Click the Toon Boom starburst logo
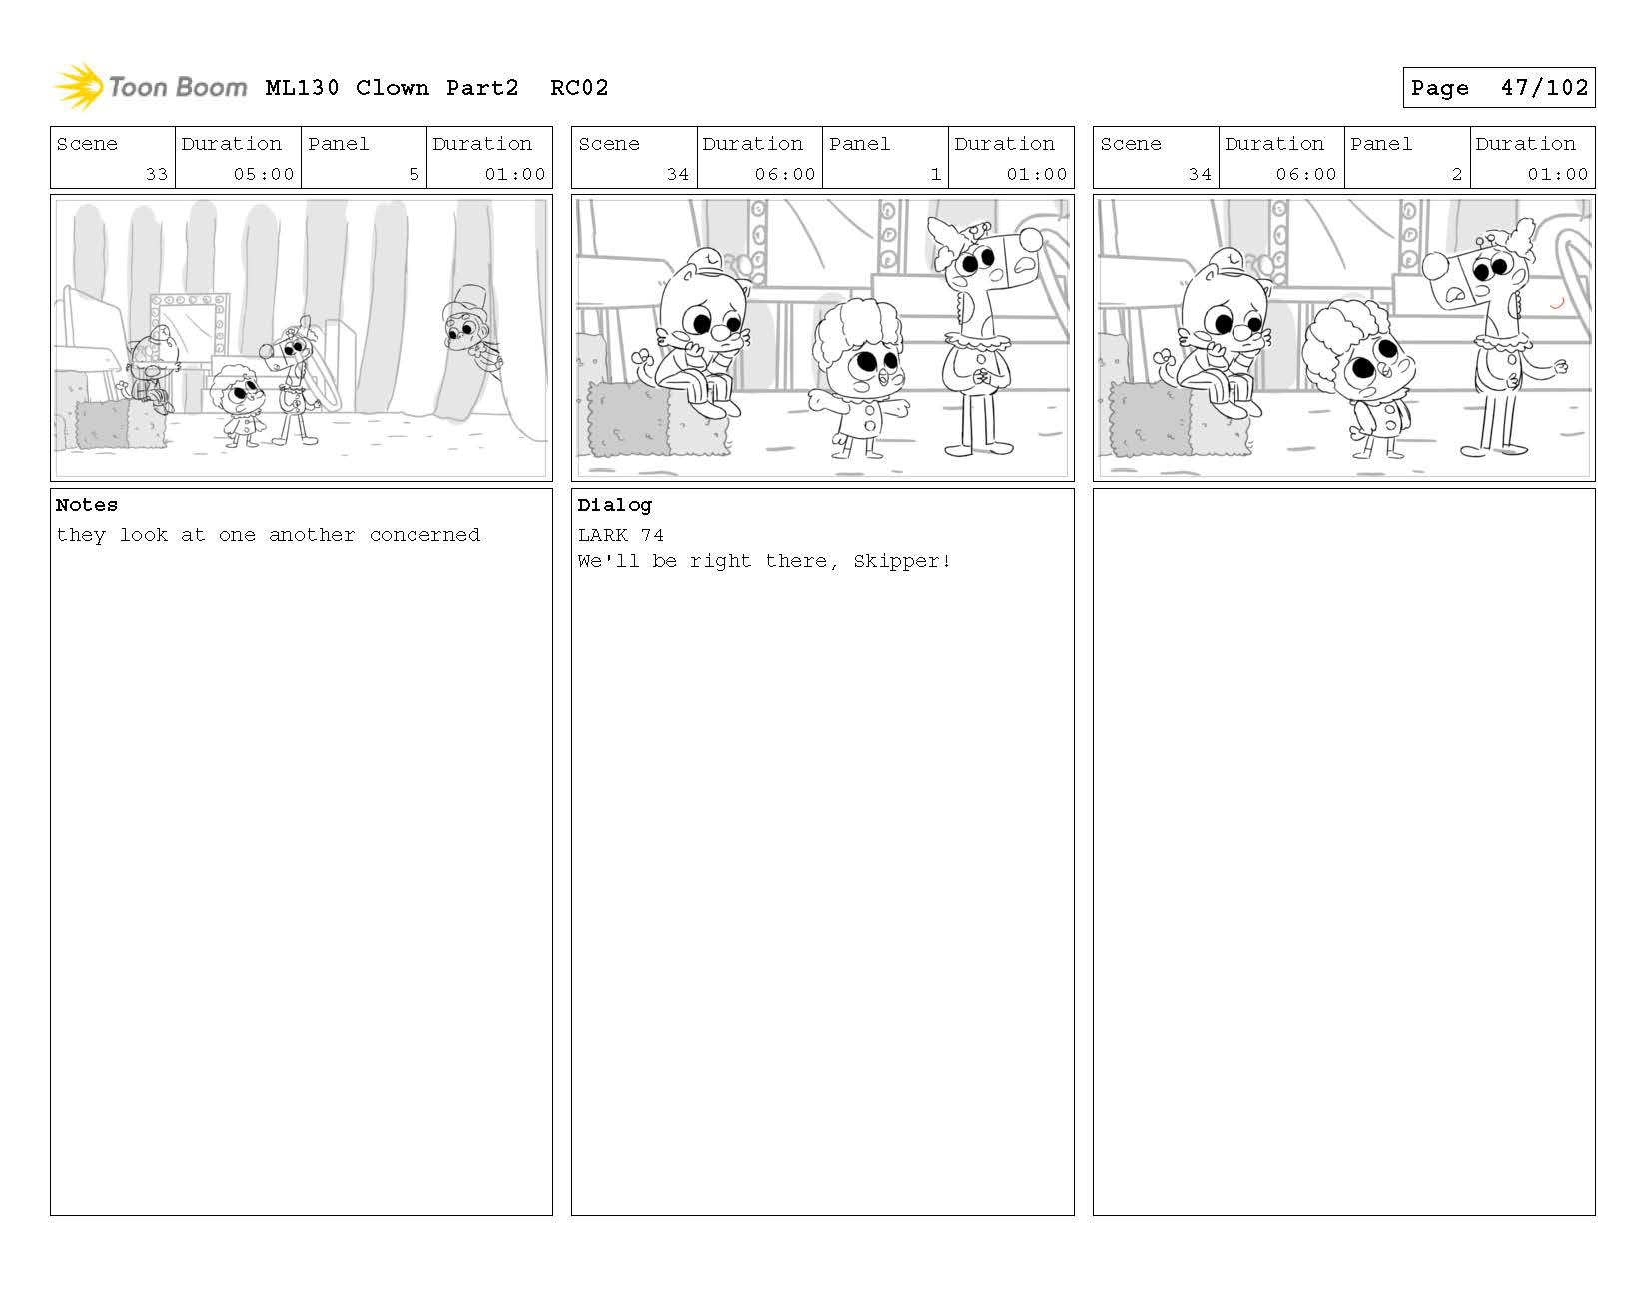[80, 86]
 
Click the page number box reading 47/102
[1498, 87]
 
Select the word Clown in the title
[392, 88]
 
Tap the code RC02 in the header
[579, 88]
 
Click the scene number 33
[156, 174]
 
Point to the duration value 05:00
[263, 174]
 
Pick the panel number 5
[414, 174]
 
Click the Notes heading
[86, 505]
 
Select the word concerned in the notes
[424, 535]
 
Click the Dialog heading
[614, 506]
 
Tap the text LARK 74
[620, 535]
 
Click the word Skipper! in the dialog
[901, 561]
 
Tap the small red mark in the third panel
[1557, 303]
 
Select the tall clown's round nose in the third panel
[1434, 265]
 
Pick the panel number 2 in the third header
[1456, 174]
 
